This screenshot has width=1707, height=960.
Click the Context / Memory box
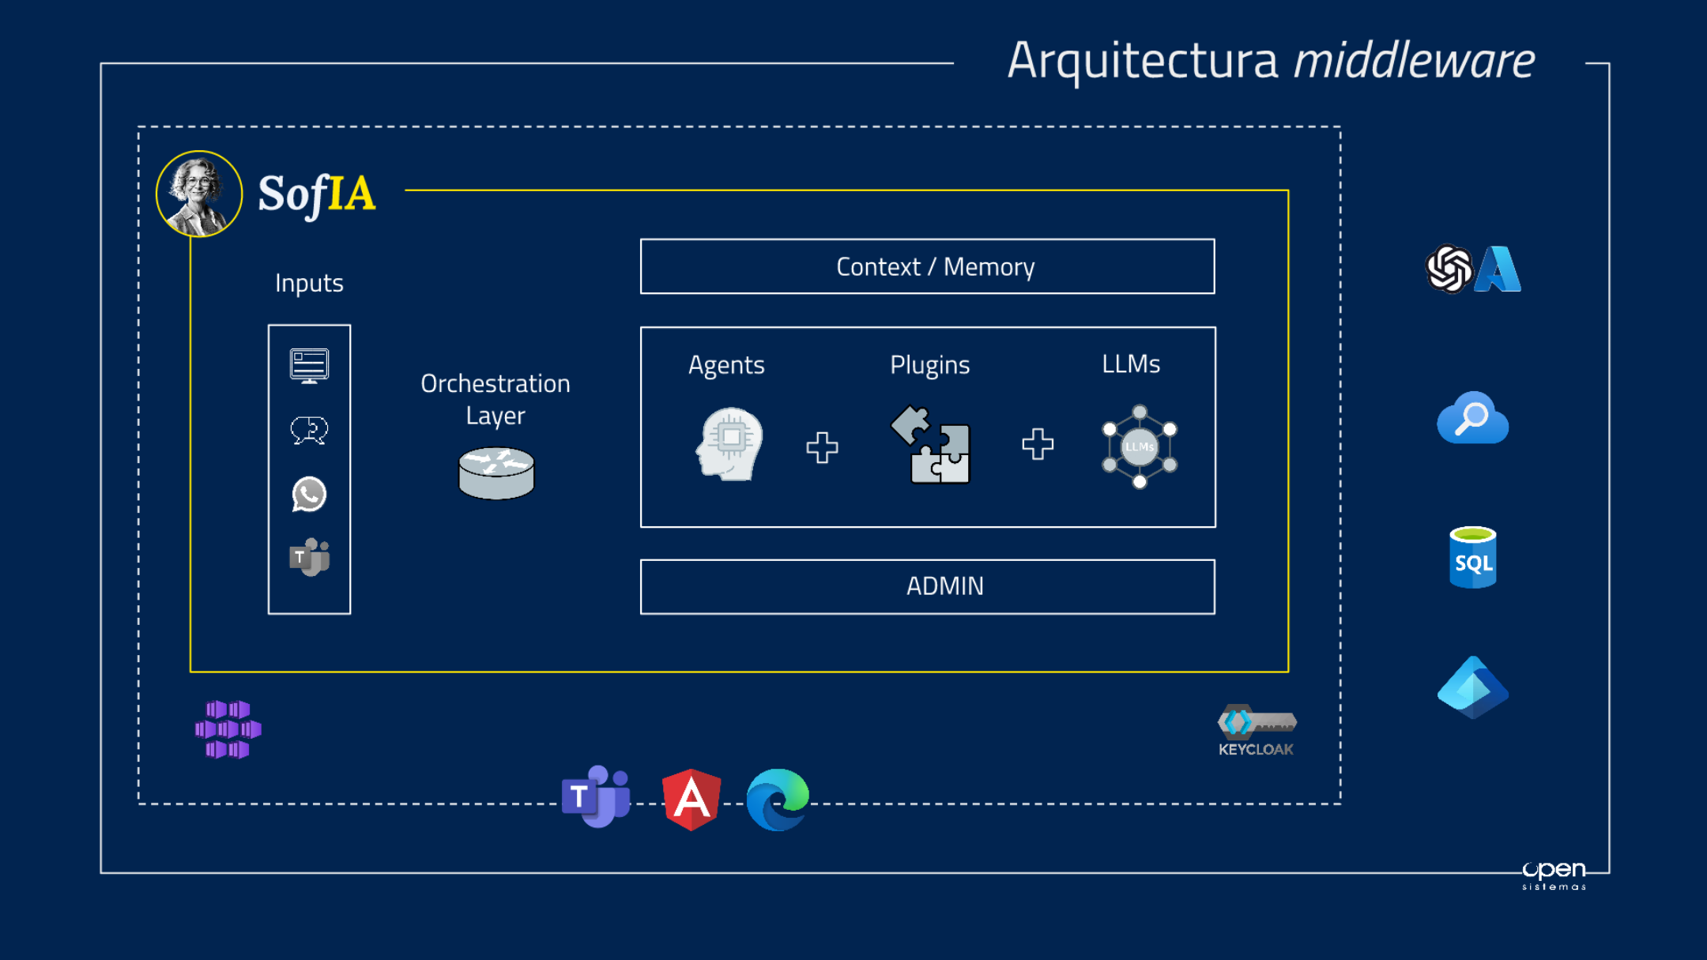tap(927, 267)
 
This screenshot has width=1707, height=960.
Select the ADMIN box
tap(927, 586)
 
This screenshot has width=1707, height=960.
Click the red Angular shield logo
tap(691, 799)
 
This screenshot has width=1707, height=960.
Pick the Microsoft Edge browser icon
tap(778, 799)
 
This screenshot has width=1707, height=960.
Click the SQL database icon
tap(1472, 558)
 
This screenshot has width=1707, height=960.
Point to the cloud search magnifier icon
tap(1472, 418)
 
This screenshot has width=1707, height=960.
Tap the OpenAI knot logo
tap(1449, 269)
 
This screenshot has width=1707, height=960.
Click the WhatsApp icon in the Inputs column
tap(309, 495)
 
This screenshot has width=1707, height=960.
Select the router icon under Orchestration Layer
tap(496, 472)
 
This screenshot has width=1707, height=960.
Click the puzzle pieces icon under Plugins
tap(931, 444)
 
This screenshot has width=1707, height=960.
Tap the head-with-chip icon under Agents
tap(729, 444)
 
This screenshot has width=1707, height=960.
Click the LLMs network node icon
tap(1140, 446)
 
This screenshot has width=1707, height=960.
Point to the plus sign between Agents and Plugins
tap(822, 447)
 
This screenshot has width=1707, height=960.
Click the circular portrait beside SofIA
tap(199, 194)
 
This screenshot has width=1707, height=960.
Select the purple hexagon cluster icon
tap(228, 728)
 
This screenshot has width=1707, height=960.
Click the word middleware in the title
tap(1414, 61)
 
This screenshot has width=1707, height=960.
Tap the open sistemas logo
tap(1554, 874)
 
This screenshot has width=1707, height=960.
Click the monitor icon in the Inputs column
tap(309, 366)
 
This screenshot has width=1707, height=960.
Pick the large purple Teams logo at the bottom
tap(596, 796)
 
